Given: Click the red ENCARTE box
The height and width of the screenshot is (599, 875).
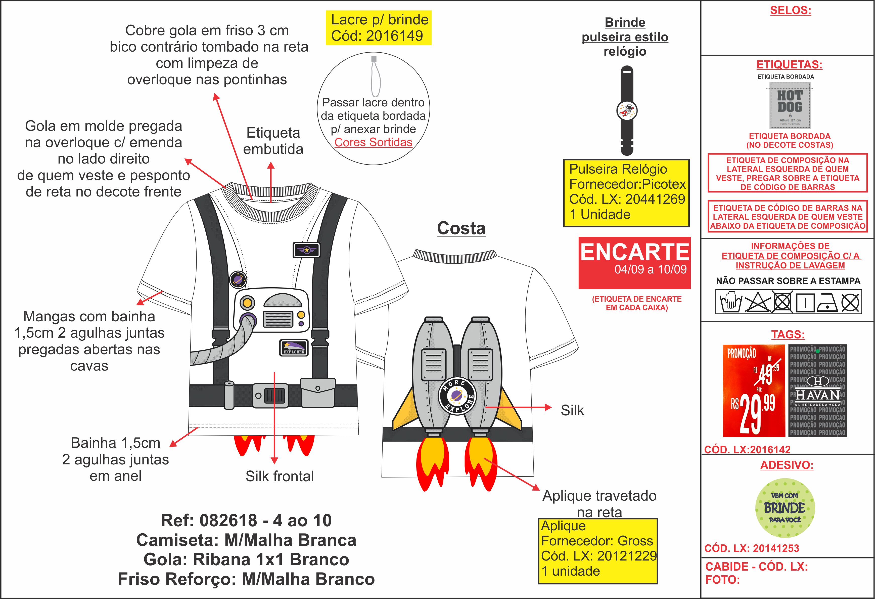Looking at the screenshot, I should click(634, 263).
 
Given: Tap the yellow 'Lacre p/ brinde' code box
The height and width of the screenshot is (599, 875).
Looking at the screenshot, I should click(378, 28).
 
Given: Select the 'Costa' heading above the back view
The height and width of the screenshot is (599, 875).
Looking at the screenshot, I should click(461, 228).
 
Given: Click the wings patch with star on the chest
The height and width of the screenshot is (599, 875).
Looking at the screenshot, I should click(306, 250).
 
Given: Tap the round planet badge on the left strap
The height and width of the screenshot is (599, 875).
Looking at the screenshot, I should click(238, 279).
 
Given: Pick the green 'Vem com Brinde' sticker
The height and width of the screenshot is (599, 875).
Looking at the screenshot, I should click(785, 508).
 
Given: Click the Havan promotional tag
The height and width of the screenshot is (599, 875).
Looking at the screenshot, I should click(817, 391).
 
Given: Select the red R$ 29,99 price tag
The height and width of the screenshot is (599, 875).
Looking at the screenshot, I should click(753, 391).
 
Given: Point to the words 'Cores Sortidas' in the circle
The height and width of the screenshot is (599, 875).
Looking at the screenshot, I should click(373, 142).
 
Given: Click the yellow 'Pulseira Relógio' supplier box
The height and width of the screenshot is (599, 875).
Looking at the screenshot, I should click(626, 192).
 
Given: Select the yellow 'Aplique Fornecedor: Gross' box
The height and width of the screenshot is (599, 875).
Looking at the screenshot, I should click(597, 551).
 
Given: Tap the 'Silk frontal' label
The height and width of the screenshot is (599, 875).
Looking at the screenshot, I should click(279, 476).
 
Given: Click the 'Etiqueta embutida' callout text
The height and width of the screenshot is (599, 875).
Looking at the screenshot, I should click(273, 141).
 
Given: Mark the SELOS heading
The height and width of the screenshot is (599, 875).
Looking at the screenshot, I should click(790, 11).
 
